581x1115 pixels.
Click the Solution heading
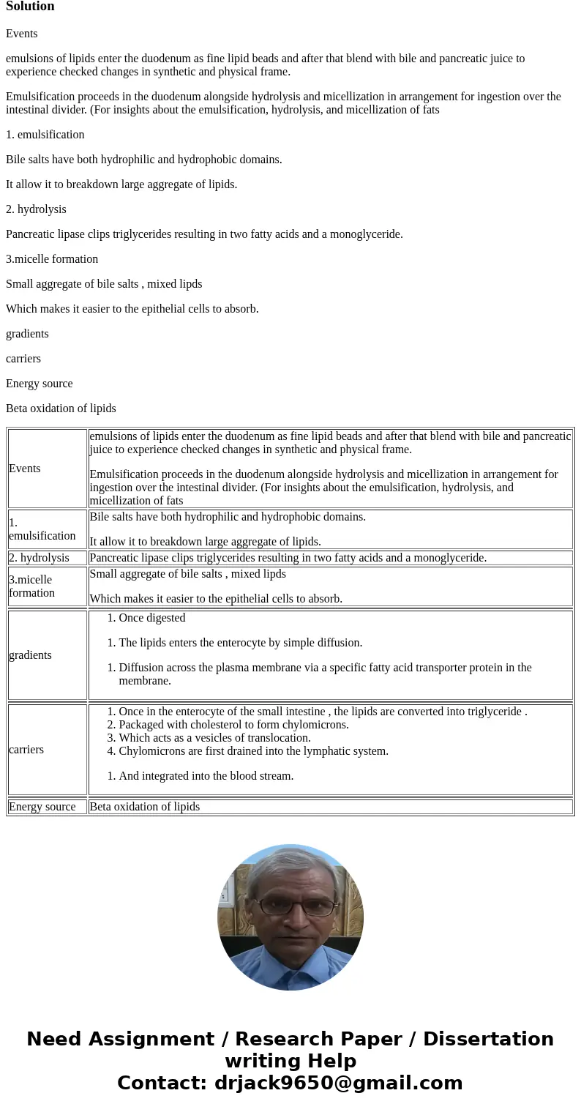pyautogui.click(x=30, y=7)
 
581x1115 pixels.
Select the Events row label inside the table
pyautogui.click(x=24, y=469)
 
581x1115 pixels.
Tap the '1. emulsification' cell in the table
pyautogui.click(x=42, y=529)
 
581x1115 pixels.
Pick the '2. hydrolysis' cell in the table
pyautogui.click(x=39, y=558)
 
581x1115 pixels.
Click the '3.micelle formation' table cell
pyautogui.click(x=31, y=586)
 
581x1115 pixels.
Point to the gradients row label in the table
pyautogui.click(x=30, y=655)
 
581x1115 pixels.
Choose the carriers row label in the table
pyautogui.click(x=26, y=750)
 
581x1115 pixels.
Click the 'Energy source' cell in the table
pyautogui.click(x=42, y=807)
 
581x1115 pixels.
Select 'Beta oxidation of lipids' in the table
pyautogui.click(x=144, y=807)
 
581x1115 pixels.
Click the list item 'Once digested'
pyautogui.click(x=151, y=618)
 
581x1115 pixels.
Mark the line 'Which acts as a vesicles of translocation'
pyautogui.click(x=214, y=738)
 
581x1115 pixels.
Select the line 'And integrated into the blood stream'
pyautogui.click(x=206, y=776)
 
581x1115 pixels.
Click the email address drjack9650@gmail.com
pyautogui.click(x=338, y=1084)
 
